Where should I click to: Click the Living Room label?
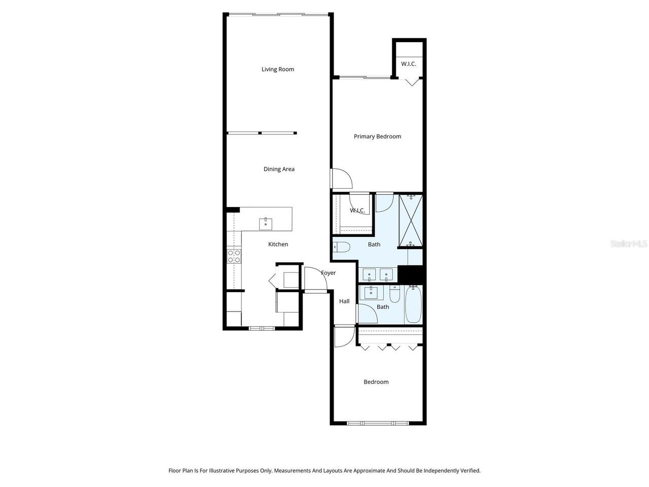tap(277, 69)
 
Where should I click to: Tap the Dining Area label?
tap(279, 169)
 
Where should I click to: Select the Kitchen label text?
tap(278, 245)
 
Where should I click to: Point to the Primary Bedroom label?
tap(377, 136)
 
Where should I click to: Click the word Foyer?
tap(328, 273)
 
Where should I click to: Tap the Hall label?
tap(344, 301)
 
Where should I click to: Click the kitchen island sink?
tap(266, 224)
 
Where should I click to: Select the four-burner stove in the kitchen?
tap(234, 256)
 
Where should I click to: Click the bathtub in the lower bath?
tap(413, 304)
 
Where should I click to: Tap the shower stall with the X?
tap(411, 221)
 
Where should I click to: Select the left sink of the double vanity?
tap(369, 275)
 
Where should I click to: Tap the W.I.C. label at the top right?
tap(408, 64)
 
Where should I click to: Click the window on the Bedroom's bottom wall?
tap(378, 423)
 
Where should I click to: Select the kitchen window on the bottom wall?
tap(262, 328)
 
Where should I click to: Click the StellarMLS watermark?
tap(629, 244)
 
